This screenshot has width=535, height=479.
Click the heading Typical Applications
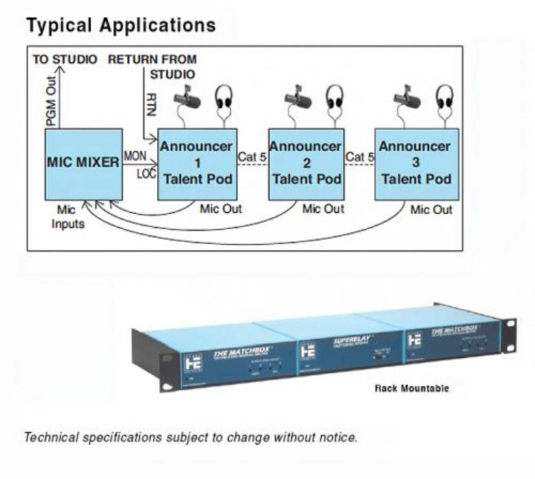tap(121, 25)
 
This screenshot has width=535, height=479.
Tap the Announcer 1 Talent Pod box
tap(197, 164)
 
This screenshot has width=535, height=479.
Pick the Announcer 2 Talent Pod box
tap(306, 164)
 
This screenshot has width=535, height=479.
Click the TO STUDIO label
tap(65, 59)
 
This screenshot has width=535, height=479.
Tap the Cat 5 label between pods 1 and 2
tap(253, 157)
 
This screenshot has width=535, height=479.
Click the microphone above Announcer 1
tap(186, 99)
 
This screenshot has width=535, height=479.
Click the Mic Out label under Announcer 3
tap(431, 209)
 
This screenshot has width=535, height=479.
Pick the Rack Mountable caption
tap(412, 388)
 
